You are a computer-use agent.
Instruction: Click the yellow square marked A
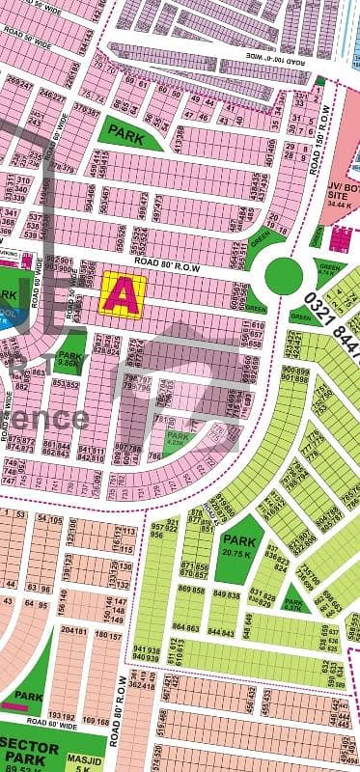pos(124,292)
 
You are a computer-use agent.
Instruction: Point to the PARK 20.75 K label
pos(238,545)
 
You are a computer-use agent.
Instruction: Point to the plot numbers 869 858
pos(192,590)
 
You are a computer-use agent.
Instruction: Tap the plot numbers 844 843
pos(220,631)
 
